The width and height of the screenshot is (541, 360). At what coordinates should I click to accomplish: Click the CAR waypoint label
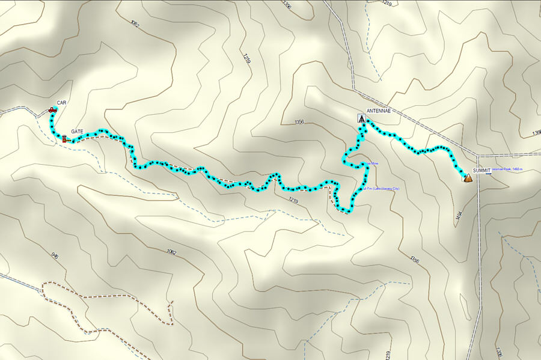pos(61,103)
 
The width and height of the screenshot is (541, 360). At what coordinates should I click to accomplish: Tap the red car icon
pos(52,111)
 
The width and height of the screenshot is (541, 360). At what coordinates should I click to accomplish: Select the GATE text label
pos(77,131)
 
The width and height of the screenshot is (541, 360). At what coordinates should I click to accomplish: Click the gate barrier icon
pos(64,139)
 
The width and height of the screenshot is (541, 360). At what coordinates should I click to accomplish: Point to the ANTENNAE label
pos(379,111)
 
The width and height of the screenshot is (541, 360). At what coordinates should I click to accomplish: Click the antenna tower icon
pos(361,118)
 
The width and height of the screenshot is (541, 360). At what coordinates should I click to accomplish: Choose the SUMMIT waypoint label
pos(481,171)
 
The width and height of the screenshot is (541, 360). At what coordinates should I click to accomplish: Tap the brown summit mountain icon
pos(467,177)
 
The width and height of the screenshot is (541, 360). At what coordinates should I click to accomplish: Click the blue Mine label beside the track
pos(372,163)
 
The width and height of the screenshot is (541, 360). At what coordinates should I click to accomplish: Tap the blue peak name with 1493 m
pos(508,170)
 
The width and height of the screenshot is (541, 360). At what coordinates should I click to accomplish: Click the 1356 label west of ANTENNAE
pos(300,122)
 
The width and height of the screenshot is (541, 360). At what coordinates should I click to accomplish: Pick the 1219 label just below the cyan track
pos(293,200)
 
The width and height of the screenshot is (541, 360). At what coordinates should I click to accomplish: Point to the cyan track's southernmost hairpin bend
pos(347,211)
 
